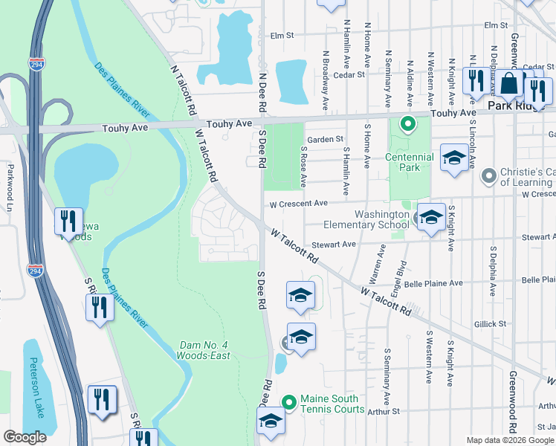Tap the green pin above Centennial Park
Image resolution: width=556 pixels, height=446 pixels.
tap(407, 123)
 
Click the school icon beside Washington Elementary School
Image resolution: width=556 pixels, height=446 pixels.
tap(430, 217)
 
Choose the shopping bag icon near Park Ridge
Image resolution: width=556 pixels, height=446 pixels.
tap(509, 83)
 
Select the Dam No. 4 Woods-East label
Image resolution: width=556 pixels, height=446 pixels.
tap(204, 350)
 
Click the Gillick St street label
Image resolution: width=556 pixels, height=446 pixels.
tap(490, 324)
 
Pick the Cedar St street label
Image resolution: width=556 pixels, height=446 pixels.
tap(349, 74)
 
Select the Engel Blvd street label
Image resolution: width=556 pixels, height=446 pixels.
tap(403, 275)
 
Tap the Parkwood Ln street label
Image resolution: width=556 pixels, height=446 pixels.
tap(9, 183)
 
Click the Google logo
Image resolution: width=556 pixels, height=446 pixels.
tap(25, 436)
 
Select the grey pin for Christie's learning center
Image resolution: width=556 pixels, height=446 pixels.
tap(488, 176)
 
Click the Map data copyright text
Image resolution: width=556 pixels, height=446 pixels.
tap(493, 440)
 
